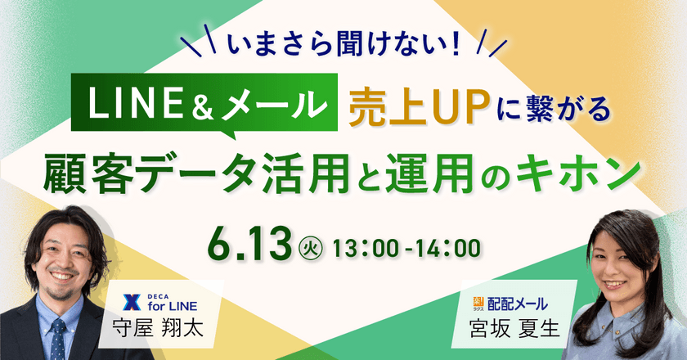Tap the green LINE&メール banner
tap(204, 103)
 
